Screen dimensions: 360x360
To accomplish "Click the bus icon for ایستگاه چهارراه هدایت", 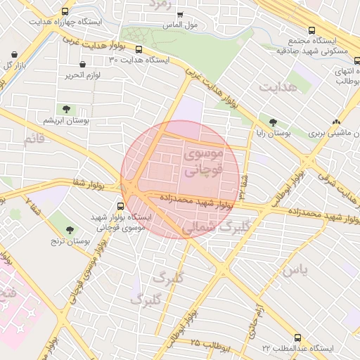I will (65, 12).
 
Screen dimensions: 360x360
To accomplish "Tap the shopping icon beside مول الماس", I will (180, 15).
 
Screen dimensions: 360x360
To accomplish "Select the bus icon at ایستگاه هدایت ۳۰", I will (139, 50).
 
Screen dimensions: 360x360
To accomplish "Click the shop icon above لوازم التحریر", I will (83, 64).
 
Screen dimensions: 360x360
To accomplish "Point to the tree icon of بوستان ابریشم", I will (67, 109).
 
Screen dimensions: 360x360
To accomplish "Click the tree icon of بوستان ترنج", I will (70, 230).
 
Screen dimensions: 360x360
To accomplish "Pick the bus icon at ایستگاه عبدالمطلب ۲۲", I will (298, 338).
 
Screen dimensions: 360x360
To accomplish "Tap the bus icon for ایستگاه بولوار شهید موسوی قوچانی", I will (120, 207).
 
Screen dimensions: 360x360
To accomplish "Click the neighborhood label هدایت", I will (278, 86).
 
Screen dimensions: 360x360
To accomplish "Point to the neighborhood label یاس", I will (295, 269).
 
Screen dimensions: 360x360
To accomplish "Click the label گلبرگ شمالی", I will (216, 228).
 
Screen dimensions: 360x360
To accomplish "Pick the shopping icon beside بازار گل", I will (15, 53).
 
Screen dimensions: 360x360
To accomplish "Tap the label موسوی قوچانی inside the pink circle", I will (202, 161).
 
